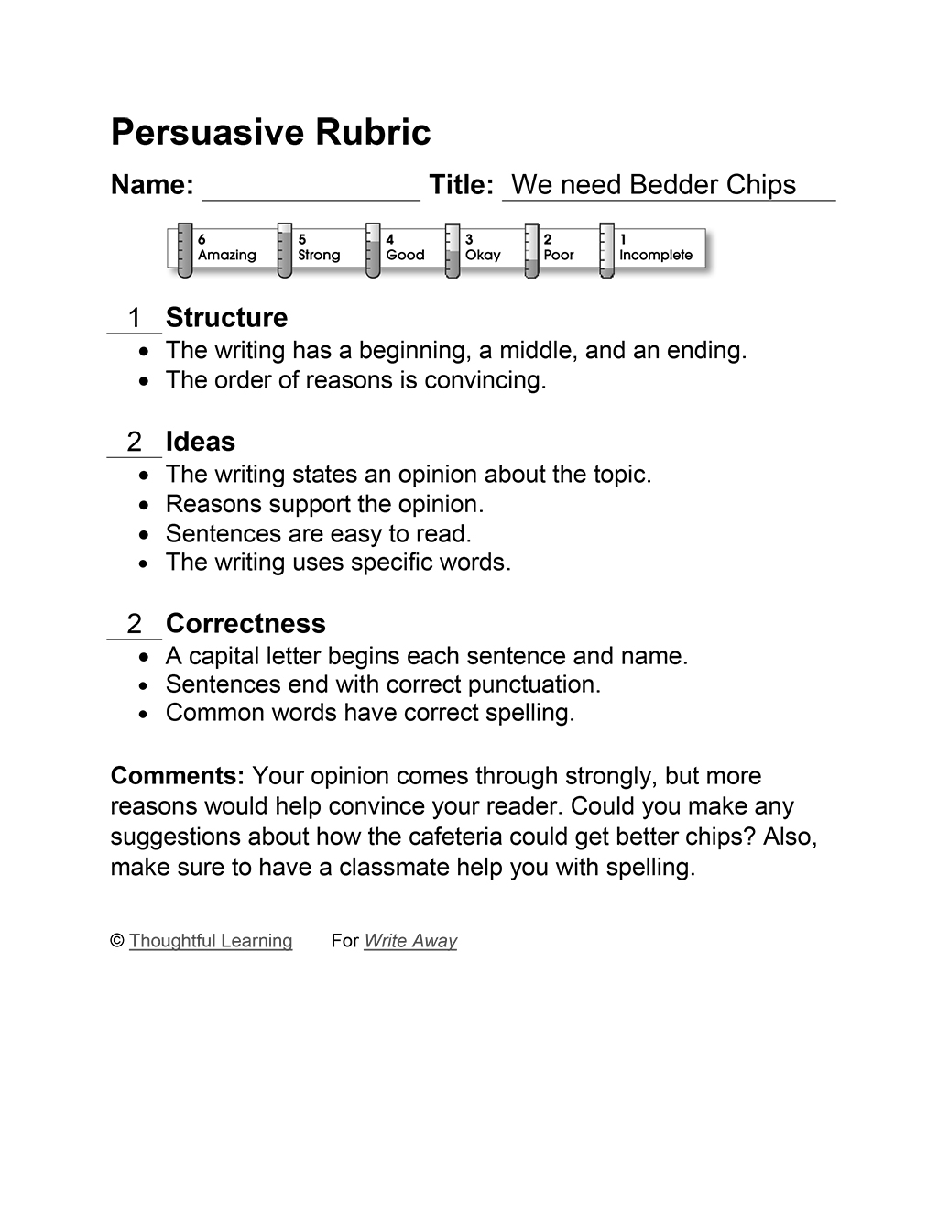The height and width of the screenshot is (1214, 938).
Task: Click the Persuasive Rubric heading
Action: [x=270, y=132]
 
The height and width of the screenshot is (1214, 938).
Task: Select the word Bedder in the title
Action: [x=674, y=185]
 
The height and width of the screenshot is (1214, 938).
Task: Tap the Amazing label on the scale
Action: [x=226, y=255]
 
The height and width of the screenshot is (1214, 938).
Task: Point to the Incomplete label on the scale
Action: [x=655, y=255]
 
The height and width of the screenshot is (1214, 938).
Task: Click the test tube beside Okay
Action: [x=453, y=250]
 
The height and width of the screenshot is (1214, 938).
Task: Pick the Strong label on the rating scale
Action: [x=318, y=255]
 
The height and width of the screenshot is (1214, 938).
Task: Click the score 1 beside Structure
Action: [x=135, y=318]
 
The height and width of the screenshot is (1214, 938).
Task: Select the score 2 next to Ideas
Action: [x=135, y=442]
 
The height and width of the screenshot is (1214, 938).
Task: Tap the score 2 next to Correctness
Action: [x=135, y=624]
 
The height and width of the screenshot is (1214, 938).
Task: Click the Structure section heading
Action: [x=226, y=318]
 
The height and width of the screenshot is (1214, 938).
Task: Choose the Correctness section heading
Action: [x=245, y=624]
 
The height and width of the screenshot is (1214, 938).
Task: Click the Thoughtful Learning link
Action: [x=211, y=941]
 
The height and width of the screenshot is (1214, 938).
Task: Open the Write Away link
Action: [x=409, y=941]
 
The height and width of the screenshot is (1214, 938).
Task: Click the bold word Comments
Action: [x=177, y=776]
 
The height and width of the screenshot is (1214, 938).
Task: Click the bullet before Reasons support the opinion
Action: [x=143, y=505]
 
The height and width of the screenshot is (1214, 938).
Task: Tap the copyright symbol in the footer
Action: [x=117, y=941]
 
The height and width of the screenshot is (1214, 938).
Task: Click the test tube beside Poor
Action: [x=531, y=250]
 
